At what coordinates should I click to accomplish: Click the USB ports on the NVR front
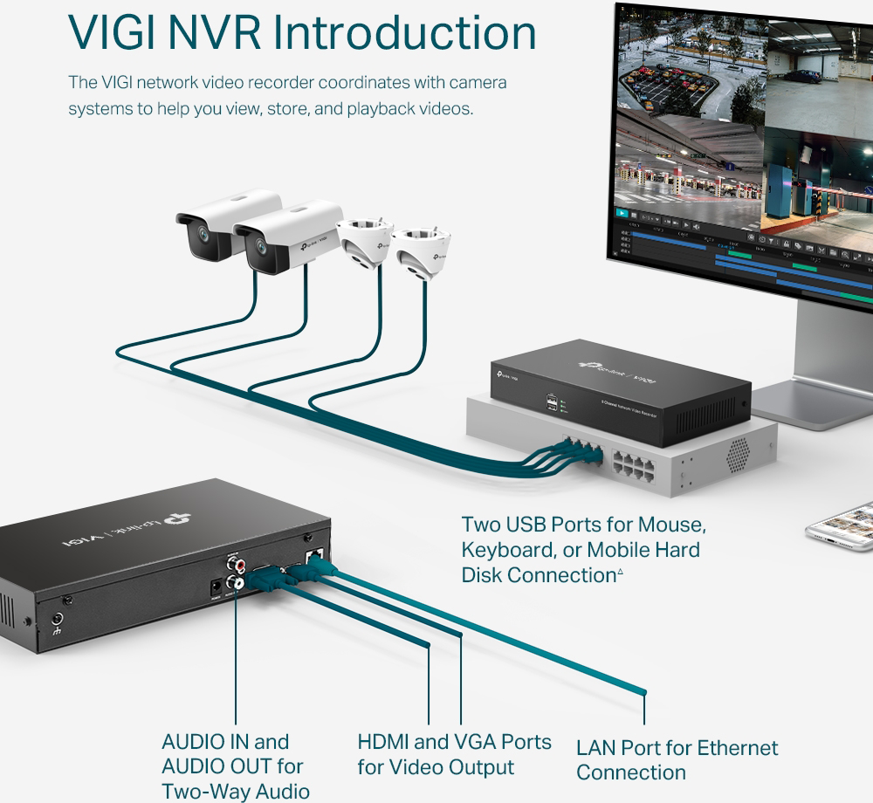pyautogui.click(x=552, y=402)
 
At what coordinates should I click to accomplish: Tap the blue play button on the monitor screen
pyautogui.click(x=622, y=212)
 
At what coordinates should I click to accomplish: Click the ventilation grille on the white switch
pyautogui.click(x=738, y=451)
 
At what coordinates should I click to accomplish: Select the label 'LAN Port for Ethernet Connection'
pyautogui.click(x=677, y=759)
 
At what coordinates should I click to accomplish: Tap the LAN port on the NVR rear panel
pyautogui.click(x=314, y=554)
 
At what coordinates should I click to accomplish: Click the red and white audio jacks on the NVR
pyautogui.click(x=234, y=572)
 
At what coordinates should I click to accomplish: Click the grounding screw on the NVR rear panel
pyautogui.click(x=59, y=623)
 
